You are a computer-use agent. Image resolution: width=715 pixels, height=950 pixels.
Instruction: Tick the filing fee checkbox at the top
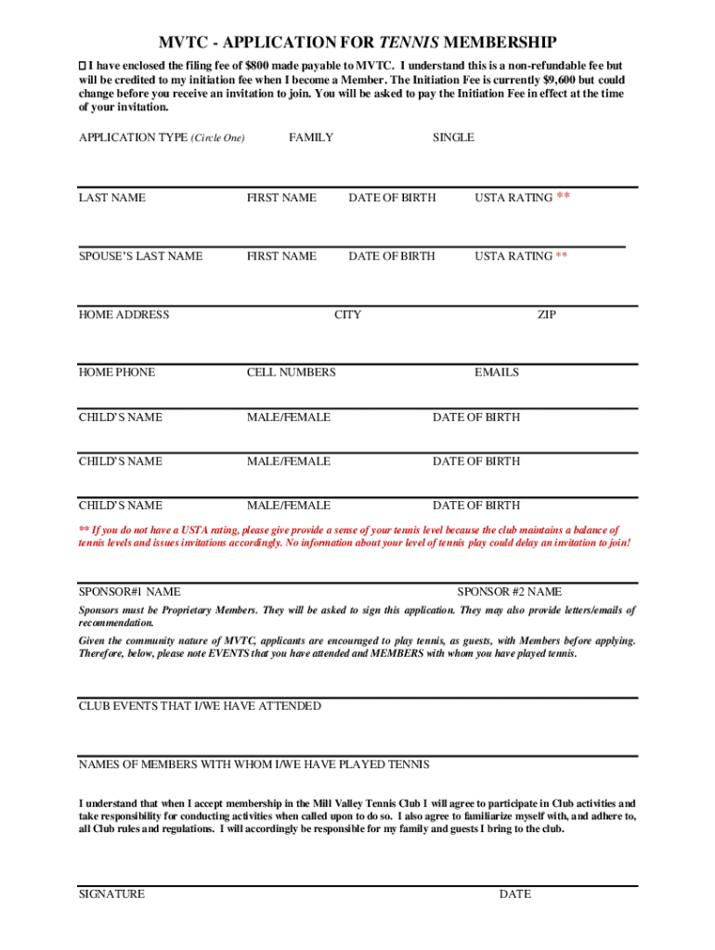pos(82,67)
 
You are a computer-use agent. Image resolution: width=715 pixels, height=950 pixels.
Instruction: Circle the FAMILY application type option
pos(311,137)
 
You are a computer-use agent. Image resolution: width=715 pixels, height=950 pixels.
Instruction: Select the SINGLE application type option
pos(453,137)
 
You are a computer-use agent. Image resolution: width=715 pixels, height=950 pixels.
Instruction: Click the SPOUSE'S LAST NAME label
pos(140,256)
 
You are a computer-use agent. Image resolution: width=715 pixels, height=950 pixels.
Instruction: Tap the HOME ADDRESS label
pos(123,315)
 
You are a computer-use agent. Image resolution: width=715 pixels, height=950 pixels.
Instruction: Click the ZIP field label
pos(547,315)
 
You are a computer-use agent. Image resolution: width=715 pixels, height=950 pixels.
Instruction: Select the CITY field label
pos(347,315)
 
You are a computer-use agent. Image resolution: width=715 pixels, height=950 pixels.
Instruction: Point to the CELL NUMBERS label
pos(291,372)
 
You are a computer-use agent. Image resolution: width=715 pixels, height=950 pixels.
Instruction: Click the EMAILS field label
pos(497,372)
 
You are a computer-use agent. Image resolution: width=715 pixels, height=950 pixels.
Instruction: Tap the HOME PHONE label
pos(117,372)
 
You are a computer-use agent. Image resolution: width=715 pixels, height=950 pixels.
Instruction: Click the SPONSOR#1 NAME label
pos(130,591)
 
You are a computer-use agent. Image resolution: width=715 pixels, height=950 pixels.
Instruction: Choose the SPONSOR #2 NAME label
pos(509,591)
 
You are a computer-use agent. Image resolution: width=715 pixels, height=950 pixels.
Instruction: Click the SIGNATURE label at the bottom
pos(111,894)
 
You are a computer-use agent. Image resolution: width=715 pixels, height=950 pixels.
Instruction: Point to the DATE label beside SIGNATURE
pos(515,894)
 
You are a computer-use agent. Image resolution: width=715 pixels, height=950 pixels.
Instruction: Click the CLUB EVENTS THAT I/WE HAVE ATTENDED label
pos(200,706)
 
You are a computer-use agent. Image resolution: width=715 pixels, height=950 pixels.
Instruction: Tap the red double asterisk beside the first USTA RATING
pos(563,197)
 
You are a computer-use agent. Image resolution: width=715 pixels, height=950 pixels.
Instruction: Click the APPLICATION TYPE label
pos(133,137)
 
